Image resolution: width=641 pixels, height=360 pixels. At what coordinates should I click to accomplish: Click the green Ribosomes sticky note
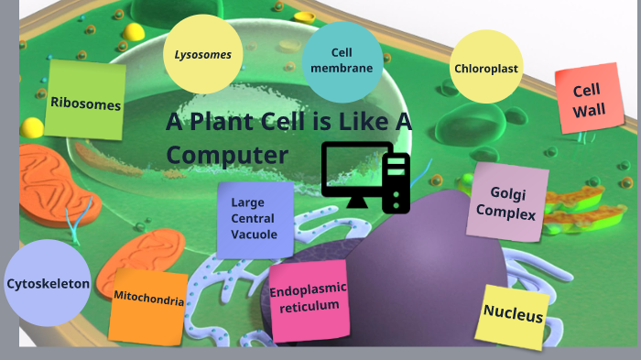tap(85, 101)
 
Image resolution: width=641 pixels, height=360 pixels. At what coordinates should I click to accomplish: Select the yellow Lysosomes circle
tap(203, 55)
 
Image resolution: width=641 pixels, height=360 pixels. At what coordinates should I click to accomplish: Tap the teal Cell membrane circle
tap(342, 61)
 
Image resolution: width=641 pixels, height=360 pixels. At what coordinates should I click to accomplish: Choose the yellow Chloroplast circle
tap(486, 68)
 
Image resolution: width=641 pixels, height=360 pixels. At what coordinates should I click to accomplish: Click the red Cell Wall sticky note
tap(589, 101)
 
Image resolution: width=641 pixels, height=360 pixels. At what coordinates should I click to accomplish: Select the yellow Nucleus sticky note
tap(514, 315)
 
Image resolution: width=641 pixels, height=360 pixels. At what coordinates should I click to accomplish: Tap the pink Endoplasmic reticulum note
tap(309, 298)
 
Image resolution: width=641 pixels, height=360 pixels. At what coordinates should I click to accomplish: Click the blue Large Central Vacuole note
tap(255, 219)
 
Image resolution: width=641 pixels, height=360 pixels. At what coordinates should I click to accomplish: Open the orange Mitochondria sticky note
tap(148, 300)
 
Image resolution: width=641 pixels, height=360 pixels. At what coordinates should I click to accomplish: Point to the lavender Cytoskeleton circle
tap(48, 284)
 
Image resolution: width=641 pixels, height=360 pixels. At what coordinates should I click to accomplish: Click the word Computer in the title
tap(227, 155)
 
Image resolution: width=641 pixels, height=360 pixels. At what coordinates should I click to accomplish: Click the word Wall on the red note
tap(588, 112)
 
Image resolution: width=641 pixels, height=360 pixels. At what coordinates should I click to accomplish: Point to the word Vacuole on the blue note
tap(254, 235)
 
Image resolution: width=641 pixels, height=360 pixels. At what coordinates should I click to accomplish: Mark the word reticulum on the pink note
tap(309, 306)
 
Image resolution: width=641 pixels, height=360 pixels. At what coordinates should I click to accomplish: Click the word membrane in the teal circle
tap(342, 69)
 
